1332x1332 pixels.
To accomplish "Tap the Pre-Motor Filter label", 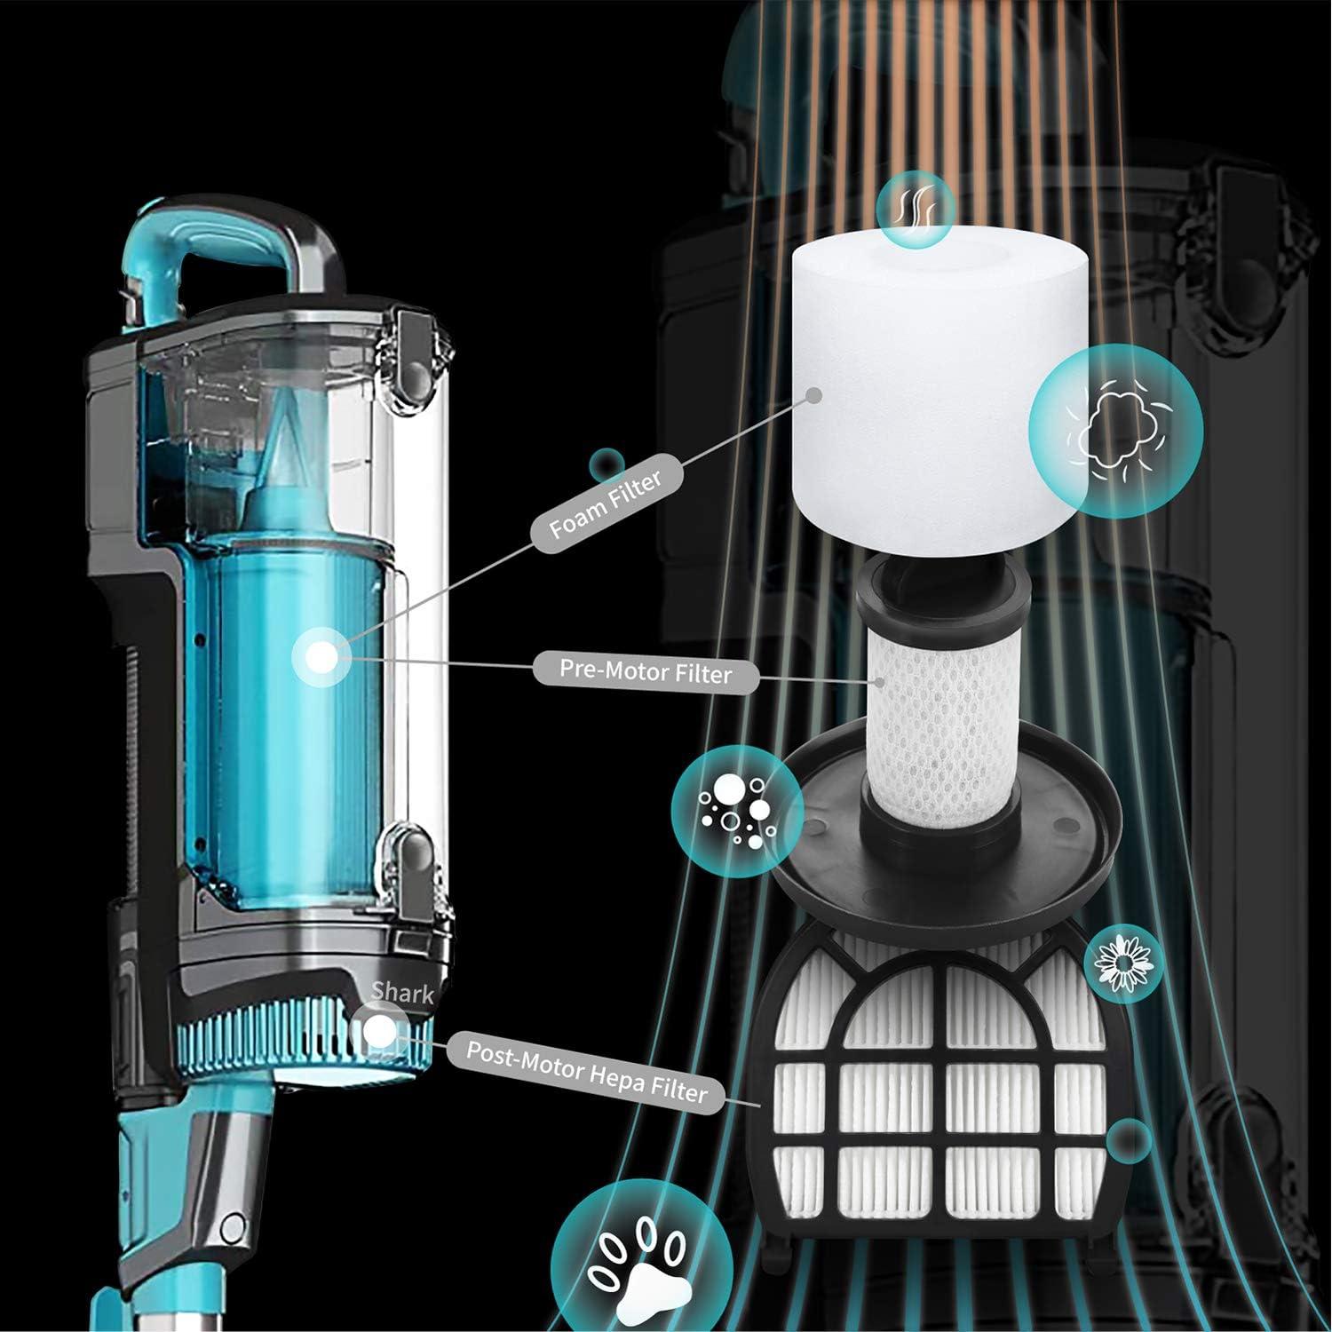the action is (x=646, y=672).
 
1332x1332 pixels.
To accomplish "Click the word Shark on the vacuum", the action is (x=401, y=992).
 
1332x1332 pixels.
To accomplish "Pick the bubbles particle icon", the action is (x=737, y=807).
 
